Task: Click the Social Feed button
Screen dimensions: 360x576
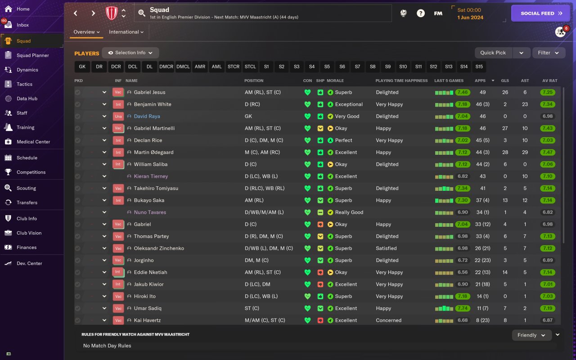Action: [x=540, y=13]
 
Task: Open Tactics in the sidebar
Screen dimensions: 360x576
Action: [x=24, y=84]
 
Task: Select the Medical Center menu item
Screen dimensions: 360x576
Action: [x=33, y=142]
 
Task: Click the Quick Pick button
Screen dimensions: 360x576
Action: [x=493, y=53]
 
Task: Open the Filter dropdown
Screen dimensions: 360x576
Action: [x=549, y=53]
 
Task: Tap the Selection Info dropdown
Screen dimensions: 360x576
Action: [x=130, y=53]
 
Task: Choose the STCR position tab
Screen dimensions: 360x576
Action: [x=234, y=67]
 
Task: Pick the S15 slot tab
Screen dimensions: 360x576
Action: [x=479, y=67]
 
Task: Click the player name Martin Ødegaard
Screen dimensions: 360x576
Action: [x=153, y=152]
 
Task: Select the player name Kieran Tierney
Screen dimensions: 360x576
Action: [x=151, y=176]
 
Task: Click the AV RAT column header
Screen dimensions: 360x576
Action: [x=549, y=81]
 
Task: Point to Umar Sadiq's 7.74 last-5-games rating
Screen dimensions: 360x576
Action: [x=462, y=308]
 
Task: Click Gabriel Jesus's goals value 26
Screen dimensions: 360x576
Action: [x=505, y=92]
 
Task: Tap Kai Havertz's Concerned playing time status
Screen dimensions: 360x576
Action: [x=388, y=320]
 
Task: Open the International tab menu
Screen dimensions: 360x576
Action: [x=126, y=32]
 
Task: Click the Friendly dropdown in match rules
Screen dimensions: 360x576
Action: [x=531, y=335]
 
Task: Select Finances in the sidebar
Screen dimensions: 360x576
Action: [x=27, y=247]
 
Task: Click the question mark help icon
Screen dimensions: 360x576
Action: [x=420, y=13]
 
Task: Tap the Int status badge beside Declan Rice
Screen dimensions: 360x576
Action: [x=118, y=140]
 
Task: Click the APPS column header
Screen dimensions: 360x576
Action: [x=480, y=81]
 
